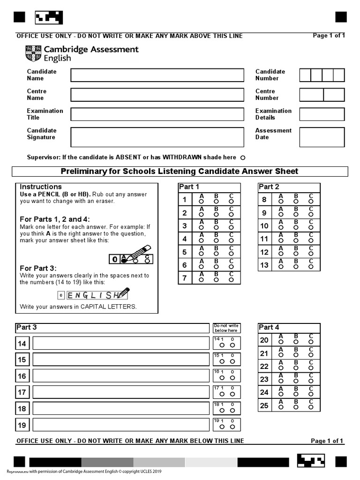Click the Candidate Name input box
coord(157,75)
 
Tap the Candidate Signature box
coord(157,137)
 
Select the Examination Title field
coord(157,114)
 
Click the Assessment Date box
coord(322,137)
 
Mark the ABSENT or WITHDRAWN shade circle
coord(243,158)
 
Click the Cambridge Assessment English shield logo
coord(33,54)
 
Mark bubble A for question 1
coord(202,202)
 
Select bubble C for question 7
coord(231,280)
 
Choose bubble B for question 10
coord(296,227)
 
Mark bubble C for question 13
coord(311,267)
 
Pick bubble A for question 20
coord(281,342)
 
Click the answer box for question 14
coord(120,344)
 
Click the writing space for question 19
coord(120,425)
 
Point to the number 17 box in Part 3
coord(22,392)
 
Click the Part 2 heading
coord(269,187)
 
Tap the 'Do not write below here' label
coord(226,328)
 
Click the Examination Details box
coord(322,114)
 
